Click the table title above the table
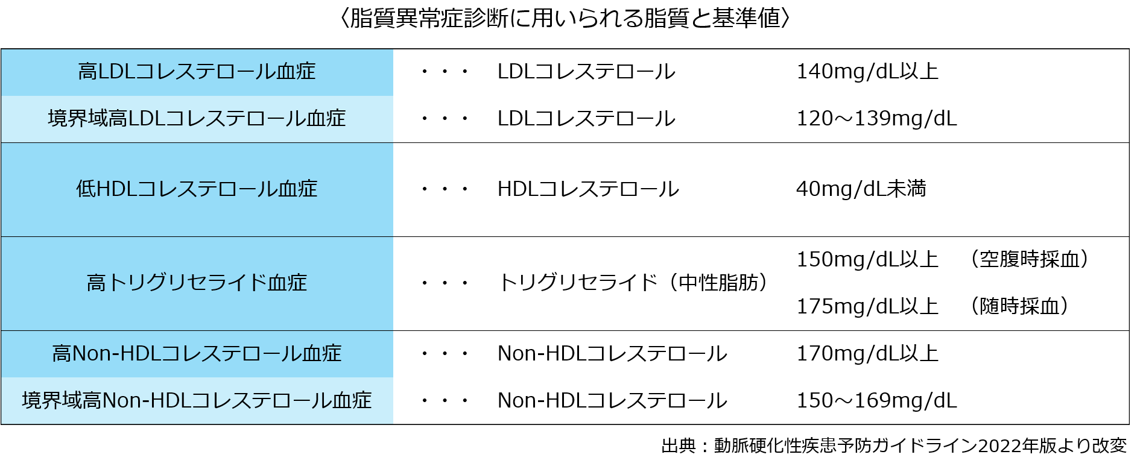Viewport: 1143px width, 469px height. coord(565,18)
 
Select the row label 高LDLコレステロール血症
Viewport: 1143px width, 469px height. coord(197,72)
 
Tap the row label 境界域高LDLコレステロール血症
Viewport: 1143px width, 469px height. coord(197,118)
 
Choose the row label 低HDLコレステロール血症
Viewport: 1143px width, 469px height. coord(197,189)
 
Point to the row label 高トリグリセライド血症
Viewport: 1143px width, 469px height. coord(197,283)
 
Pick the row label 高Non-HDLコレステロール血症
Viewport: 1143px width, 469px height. coord(197,353)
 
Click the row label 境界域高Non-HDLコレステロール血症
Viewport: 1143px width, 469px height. coord(197,400)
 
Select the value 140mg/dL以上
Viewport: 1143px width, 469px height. coord(867,72)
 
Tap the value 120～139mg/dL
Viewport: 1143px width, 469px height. coord(877,118)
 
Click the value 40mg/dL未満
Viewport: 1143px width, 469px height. coord(861,189)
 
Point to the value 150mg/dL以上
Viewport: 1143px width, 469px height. coord(867,259)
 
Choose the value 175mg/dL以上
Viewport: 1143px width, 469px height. coord(867,306)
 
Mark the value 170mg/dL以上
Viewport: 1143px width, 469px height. coord(867,353)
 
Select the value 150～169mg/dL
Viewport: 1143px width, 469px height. coord(877,400)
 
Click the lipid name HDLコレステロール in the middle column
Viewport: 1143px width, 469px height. coord(588,189)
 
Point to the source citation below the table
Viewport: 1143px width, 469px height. coord(894,445)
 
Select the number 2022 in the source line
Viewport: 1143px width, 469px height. coord(999,445)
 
